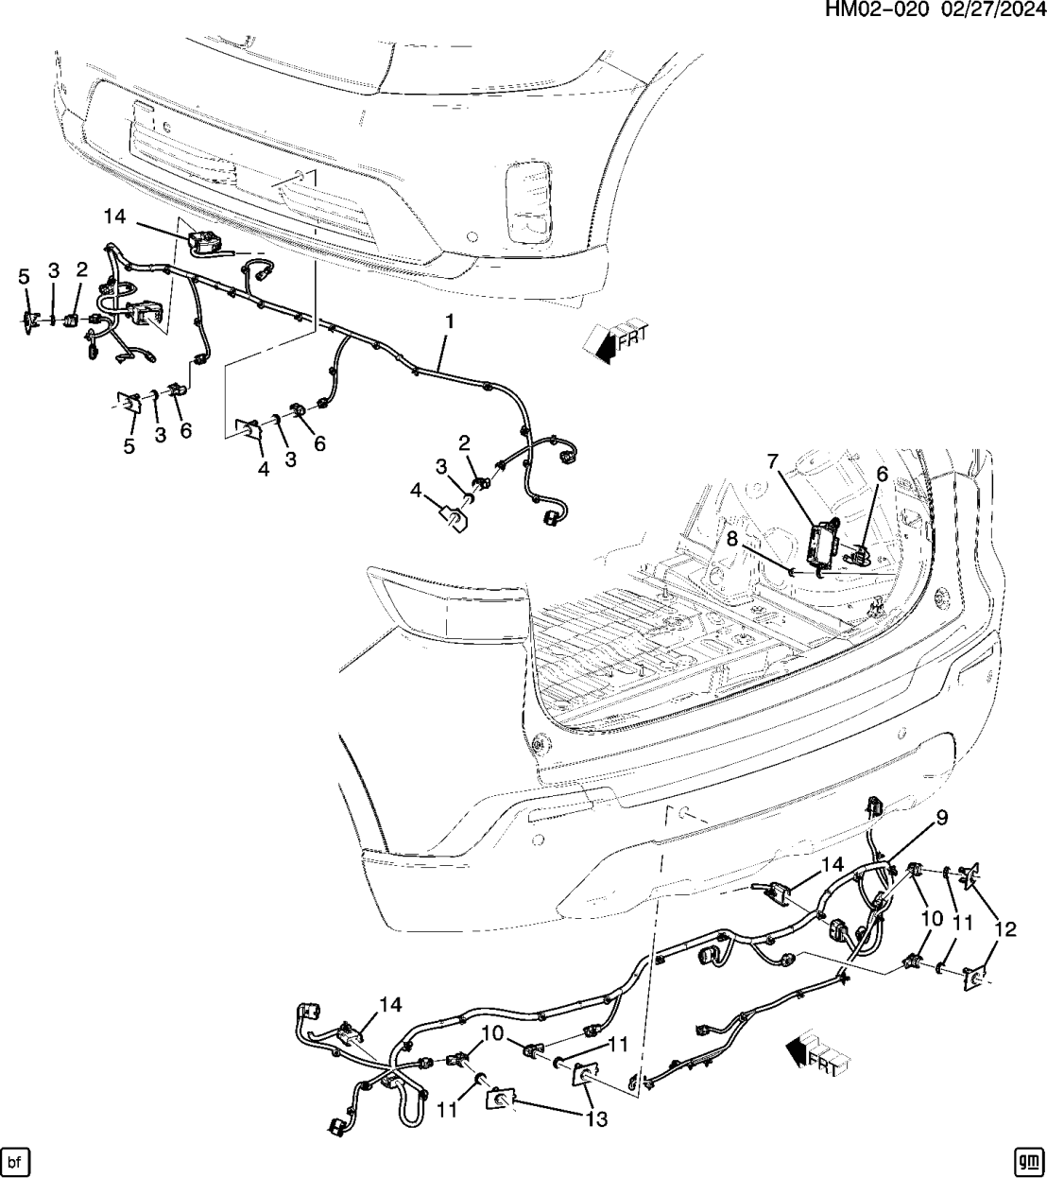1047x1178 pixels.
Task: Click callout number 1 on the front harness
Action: [450, 321]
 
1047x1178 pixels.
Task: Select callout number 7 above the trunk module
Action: [772, 461]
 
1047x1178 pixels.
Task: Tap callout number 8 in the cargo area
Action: [732, 538]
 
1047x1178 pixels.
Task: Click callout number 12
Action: [1004, 930]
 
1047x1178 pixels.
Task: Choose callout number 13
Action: [596, 1119]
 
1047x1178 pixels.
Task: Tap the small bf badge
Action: [14, 1160]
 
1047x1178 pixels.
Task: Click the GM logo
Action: [1027, 1160]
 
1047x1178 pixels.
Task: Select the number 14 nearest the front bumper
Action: [114, 217]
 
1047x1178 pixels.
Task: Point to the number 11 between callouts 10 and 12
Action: [962, 924]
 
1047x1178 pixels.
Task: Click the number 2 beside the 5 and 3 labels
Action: [82, 270]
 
